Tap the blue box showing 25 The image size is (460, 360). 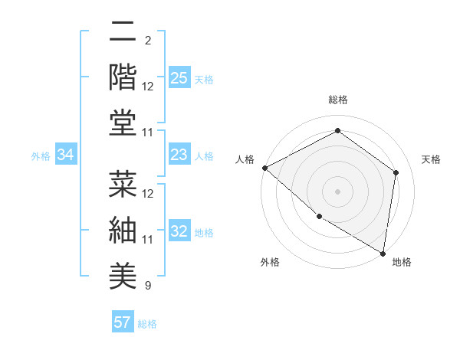[179, 77]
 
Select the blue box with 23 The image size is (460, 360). [179, 155]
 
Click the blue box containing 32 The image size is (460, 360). [179, 232]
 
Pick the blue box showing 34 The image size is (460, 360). [66, 155]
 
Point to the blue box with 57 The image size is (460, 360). [123, 322]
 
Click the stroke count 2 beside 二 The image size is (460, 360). [148, 40]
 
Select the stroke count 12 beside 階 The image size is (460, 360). [148, 87]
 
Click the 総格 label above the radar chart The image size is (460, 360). [337, 100]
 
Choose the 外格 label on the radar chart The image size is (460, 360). [270, 263]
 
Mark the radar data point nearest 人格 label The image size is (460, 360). [264, 168]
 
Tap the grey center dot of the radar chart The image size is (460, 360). [337, 191]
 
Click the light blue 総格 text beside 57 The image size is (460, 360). [147, 324]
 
